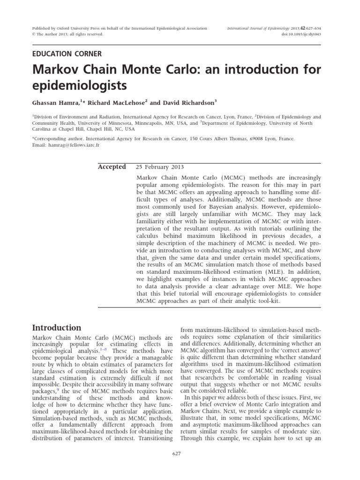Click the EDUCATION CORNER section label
[x=67, y=54]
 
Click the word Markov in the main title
[x=55, y=71]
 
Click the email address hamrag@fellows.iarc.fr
[x=74, y=145]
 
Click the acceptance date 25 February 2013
[x=160, y=167]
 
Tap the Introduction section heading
[x=56, y=328]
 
